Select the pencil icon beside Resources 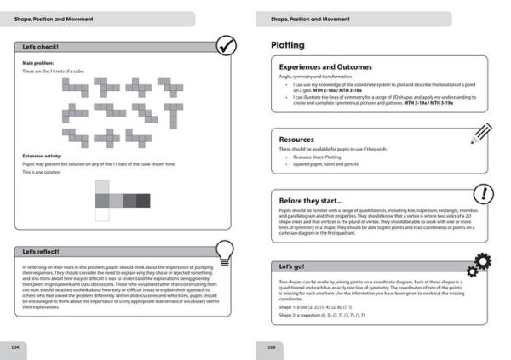(480, 130)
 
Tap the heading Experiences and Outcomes (325, 66)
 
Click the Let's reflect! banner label (42, 252)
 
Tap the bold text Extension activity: (43, 156)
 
